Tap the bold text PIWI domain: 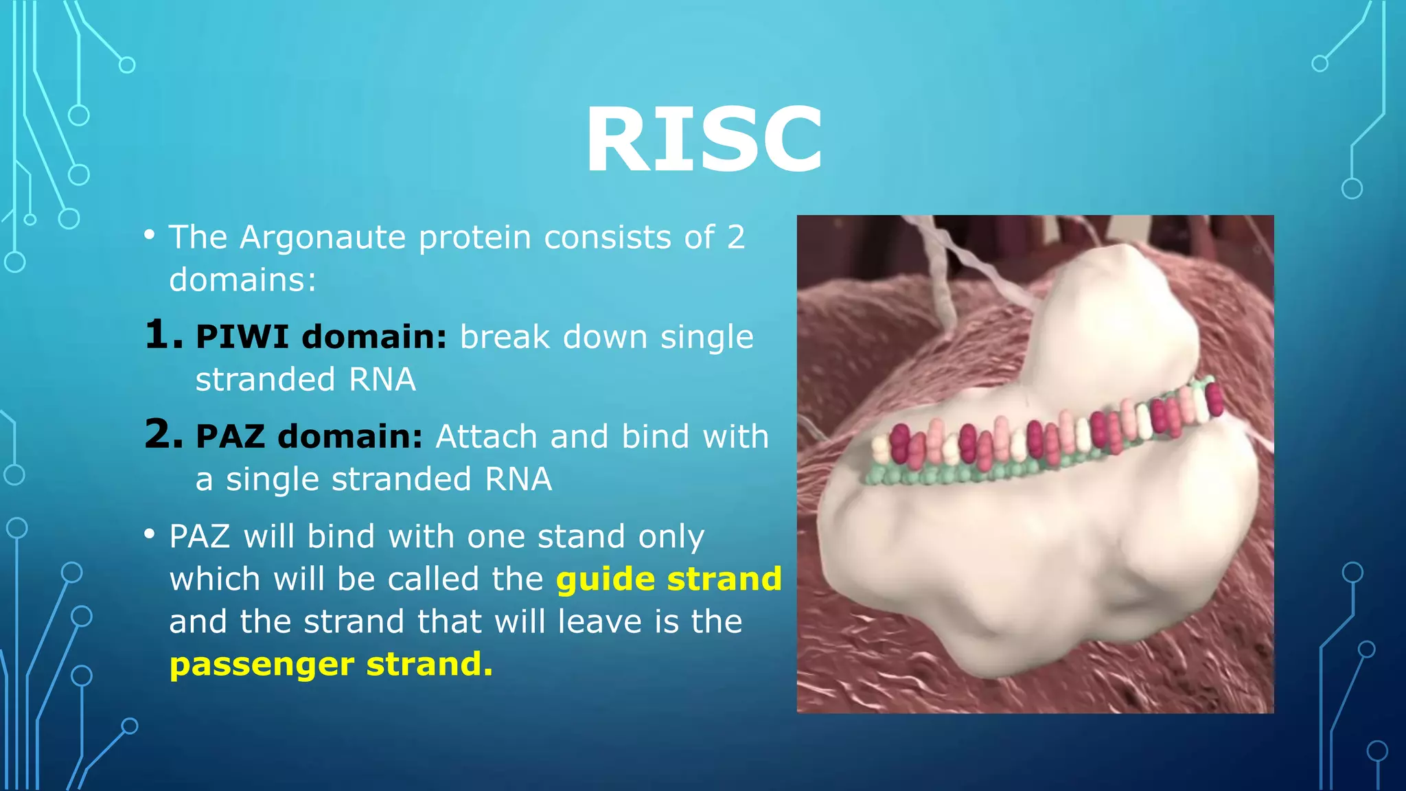coord(321,337)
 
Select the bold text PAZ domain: coord(309,437)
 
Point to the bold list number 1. coord(163,336)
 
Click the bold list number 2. coord(163,435)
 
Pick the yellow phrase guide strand coord(669,579)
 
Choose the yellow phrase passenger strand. coord(331,664)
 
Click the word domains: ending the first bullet coord(242,280)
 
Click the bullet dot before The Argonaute coord(150,236)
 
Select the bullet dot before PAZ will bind coord(150,535)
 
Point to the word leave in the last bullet coord(598,622)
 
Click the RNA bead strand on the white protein coord(1044,439)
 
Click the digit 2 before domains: coord(735,238)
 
